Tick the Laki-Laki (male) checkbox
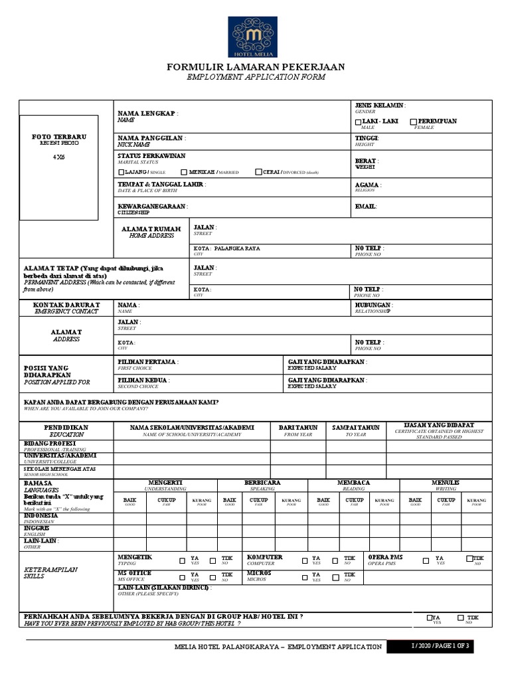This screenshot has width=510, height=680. [359, 122]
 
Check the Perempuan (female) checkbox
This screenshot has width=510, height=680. [413, 122]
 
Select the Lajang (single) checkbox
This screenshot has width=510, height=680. [121, 172]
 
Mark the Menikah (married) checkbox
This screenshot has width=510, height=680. [183, 172]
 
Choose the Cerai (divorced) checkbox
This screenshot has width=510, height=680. [258, 172]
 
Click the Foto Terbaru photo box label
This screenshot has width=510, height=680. [59, 137]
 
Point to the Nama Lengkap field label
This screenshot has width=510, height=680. [147, 114]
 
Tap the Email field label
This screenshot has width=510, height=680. [366, 207]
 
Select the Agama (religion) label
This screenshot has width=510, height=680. [367, 185]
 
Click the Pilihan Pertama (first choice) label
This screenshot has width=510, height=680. [147, 362]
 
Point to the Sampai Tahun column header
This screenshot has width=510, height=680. [355, 428]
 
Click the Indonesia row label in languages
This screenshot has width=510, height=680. [41, 515]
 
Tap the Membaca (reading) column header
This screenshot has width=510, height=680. [353, 482]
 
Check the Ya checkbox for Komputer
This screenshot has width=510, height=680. [305, 559]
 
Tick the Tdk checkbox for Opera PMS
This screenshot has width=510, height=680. [469, 558]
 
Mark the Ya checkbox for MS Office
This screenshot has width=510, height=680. [183, 575]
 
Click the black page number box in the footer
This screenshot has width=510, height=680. [442, 646]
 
